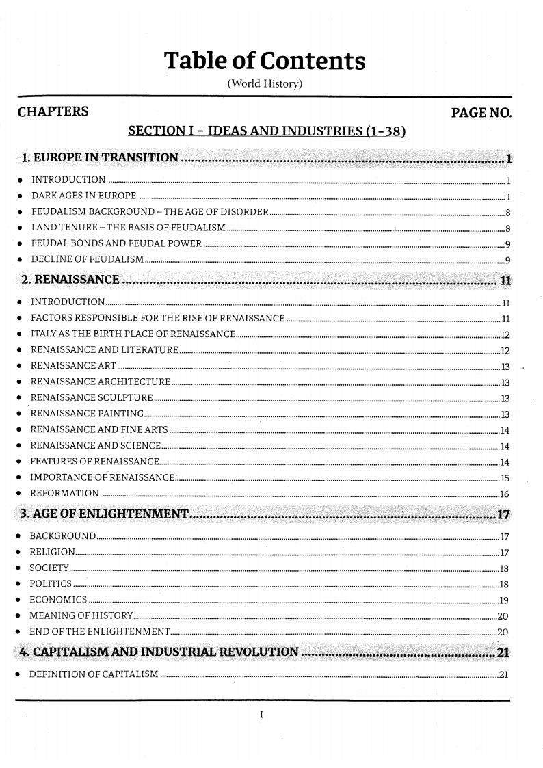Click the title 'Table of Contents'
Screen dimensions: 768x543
pyautogui.click(x=265, y=62)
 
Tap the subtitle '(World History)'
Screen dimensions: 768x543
pyautogui.click(x=265, y=85)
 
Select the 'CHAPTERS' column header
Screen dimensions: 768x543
pyautogui.click(x=53, y=111)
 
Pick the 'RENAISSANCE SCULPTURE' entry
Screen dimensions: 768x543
pyautogui.click(x=92, y=398)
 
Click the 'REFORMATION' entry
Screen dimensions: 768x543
pyautogui.click(x=65, y=494)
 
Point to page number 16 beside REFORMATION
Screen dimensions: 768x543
pyautogui.click(x=505, y=494)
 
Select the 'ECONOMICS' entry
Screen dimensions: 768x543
pyautogui.click(x=58, y=600)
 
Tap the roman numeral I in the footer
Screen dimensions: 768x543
pyautogui.click(x=262, y=715)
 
